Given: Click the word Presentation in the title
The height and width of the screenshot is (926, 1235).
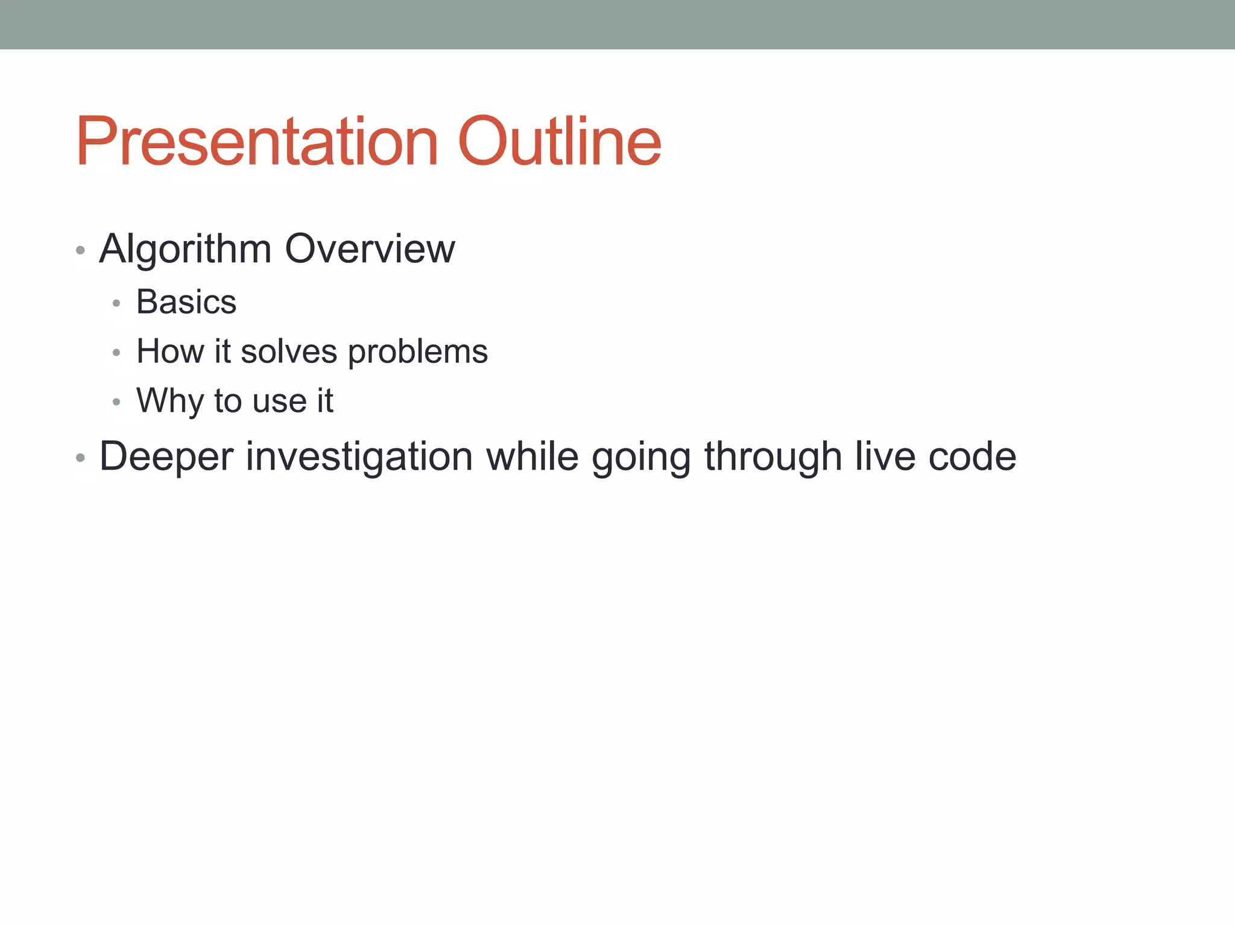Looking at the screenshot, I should pos(256,142).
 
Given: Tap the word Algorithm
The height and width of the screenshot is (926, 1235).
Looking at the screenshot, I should pos(185,249).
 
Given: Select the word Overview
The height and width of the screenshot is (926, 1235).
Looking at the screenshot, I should pos(370,249).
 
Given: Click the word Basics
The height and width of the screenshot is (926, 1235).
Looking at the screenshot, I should pos(186,302).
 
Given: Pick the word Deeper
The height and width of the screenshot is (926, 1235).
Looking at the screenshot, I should pos(166,457).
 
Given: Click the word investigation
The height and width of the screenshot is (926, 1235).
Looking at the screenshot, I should pos(359,457).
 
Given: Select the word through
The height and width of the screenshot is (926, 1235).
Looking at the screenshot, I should pos(773,457).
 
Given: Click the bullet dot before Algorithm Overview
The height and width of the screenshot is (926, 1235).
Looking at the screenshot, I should pos(80,250).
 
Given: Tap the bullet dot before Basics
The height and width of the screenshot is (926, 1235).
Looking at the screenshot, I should pos(116,303).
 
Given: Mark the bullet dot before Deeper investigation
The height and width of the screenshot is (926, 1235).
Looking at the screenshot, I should pos(80,458).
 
